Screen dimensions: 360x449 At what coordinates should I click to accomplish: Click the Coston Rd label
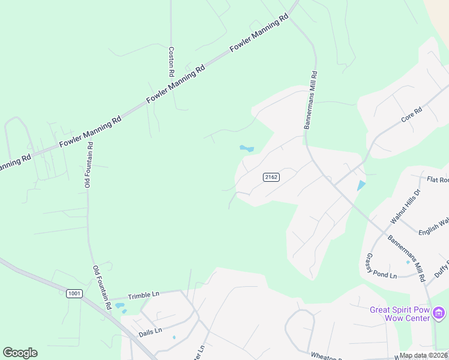[x=171, y=62]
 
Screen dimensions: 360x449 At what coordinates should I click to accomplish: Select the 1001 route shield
[x=74, y=293]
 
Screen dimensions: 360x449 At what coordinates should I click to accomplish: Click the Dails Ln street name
[x=150, y=331]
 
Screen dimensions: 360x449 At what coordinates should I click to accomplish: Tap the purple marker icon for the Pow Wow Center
[x=439, y=313]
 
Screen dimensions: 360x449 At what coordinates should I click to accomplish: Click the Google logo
[x=20, y=353]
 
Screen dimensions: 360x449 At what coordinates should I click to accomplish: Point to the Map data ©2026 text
[x=424, y=355]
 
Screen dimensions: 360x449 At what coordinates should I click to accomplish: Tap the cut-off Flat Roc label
[x=438, y=179]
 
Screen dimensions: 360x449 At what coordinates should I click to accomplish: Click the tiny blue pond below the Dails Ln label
[x=174, y=337]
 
